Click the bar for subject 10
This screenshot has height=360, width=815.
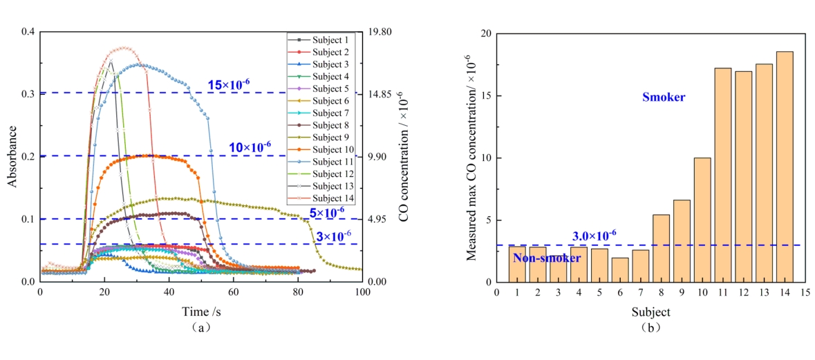[702, 220]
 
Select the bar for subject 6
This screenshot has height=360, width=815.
[620, 269]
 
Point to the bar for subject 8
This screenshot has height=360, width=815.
[661, 248]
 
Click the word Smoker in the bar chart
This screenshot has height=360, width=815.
[664, 97]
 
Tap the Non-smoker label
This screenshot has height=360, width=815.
[546, 258]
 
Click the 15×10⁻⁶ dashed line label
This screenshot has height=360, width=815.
[228, 84]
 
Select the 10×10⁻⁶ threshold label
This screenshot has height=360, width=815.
[250, 146]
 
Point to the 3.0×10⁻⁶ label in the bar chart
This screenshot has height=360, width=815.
[594, 236]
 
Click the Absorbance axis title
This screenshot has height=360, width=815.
[12, 158]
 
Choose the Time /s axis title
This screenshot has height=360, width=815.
[201, 311]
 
